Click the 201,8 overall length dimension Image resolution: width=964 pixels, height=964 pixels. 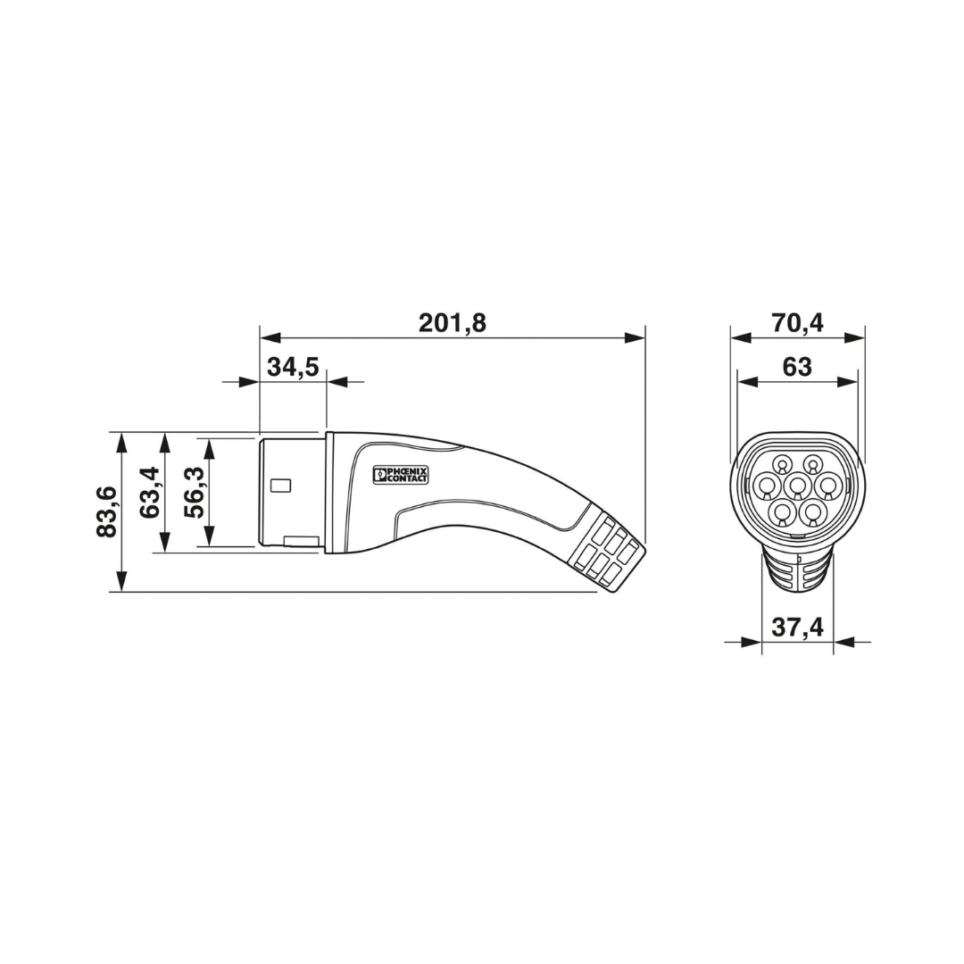pyautogui.click(x=452, y=322)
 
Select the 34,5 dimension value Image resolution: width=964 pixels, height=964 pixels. pyautogui.click(x=293, y=367)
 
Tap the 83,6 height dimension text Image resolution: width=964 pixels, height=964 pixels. pyautogui.click(x=106, y=511)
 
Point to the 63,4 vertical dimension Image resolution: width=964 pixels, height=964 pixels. pyautogui.click(x=149, y=492)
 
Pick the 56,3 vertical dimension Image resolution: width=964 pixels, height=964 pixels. pyautogui.click(x=194, y=492)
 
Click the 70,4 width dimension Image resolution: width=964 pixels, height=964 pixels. pyautogui.click(x=797, y=322)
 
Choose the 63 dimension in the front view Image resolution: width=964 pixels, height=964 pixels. pyautogui.click(x=797, y=367)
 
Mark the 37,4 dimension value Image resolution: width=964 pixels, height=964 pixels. pyautogui.click(x=797, y=627)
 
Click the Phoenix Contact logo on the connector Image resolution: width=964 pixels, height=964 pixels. pyautogui.click(x=401, y=474)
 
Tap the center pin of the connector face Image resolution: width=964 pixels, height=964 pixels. pyautogui.click(x=797, y=487)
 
